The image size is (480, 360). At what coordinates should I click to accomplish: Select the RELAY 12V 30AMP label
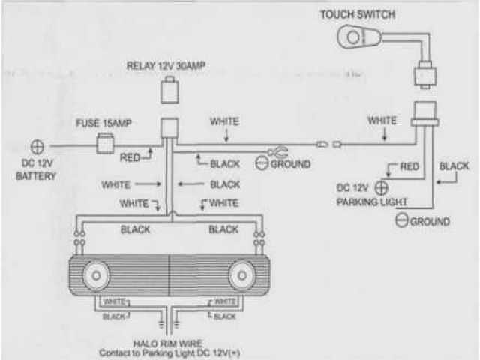pyautogui.click(x=165, y=64)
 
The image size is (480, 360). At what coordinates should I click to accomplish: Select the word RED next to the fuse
pyautogui.click(x=130, y=157)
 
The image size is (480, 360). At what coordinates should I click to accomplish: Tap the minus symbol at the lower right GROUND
pyautogui.click(x=401, y=220)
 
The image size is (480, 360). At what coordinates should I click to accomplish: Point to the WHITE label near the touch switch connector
pyautogui.click(x=382, y=120)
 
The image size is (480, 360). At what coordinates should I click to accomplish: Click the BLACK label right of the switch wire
pyautogui.click(x=454, y=166)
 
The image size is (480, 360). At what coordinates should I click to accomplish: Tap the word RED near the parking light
pyautogui.click(x=409, y=166)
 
